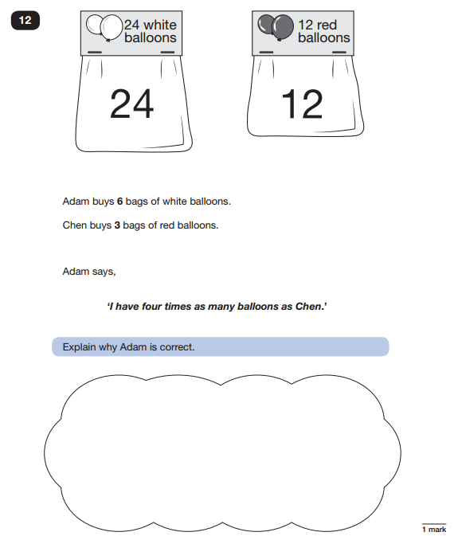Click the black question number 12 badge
[25, 21]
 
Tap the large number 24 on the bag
[132, 104]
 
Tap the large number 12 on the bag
[302, 104]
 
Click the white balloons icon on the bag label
[104, 28]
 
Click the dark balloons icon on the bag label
[276, 28]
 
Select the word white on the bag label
[160, 25]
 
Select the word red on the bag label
[327, 25]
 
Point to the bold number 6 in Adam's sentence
[119, 201]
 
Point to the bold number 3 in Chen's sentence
[117, 225]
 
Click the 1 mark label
[434, 530]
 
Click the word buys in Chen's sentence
[102, 225]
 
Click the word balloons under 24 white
[151, 37]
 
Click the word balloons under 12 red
[324, 37]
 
